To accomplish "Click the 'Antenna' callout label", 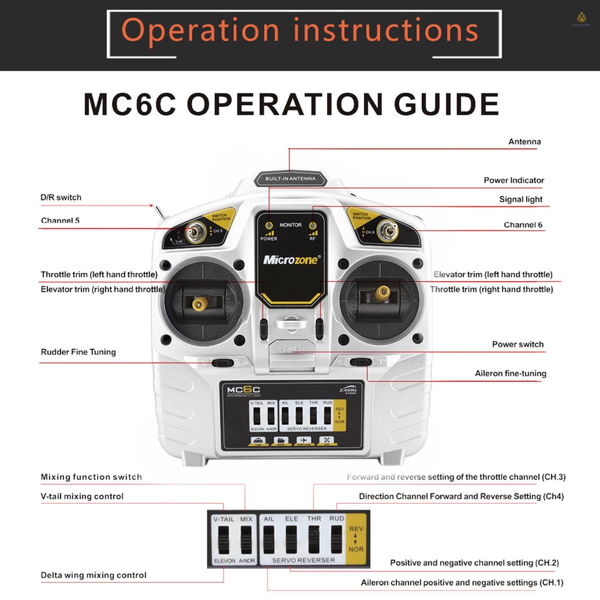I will coord(524,142).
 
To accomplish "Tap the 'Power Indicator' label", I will coord(513,180).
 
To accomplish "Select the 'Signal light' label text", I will coord(520,199).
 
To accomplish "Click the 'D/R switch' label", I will coord(61,197).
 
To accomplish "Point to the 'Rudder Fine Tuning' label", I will coord(78,352).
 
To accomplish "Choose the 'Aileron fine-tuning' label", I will coord(510,373).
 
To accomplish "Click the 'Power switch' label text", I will coord(517,345).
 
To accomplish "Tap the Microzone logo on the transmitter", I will coord(290,260).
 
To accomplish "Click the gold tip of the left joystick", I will coord(200,303).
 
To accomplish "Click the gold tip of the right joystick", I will coord(383,292).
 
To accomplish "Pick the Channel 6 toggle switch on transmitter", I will coord(387,230).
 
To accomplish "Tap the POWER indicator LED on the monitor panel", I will coord(269,226).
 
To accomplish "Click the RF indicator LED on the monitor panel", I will coord(312,226).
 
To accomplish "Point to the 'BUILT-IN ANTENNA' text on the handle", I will coord(290,178).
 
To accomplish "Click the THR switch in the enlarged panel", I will coord(314,539).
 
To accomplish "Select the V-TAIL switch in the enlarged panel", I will coord(223,539).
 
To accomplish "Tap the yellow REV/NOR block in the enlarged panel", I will coord(356,539).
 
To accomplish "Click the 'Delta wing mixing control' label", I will coord(93,575).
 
